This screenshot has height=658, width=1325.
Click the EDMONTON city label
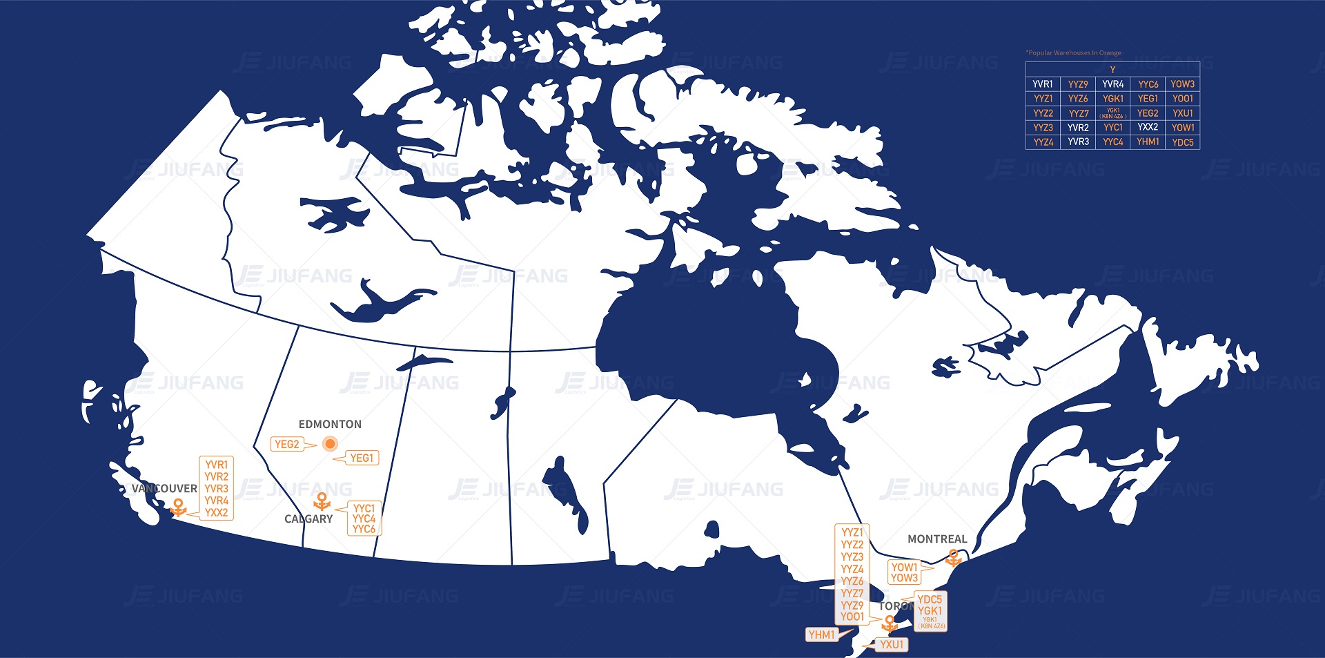click(330, 424)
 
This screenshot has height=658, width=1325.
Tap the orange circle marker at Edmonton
click(330, 444)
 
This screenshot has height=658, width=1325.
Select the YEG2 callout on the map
click(287, 444)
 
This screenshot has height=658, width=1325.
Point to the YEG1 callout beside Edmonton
click(362, 458)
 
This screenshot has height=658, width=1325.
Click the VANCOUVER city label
click(164, 488)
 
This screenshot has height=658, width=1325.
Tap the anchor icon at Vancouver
click(178, 507)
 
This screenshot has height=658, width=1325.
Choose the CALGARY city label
click(308, 519)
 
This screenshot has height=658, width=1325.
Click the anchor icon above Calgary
click(322, 501)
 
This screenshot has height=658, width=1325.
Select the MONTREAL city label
click(937, 539)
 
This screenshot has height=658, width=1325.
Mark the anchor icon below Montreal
click(954, 558)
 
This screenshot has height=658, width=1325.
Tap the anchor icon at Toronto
click(890, 624)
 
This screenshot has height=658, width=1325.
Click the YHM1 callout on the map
click(821, 635)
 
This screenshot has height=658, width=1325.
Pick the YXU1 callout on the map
click(892, 644)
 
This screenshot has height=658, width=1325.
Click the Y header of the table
click(1112, 70)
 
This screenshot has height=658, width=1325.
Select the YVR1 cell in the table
click(1043, 84)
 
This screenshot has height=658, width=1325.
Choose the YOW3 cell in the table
click(1182, 84)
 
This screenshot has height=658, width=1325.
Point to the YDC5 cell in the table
click(1182, 142)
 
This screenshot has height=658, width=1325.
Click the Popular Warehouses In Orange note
click(1073, 52)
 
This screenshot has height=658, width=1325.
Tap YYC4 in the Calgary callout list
click(364, 519)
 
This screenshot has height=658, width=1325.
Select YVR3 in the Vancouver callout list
click(216, 488)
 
